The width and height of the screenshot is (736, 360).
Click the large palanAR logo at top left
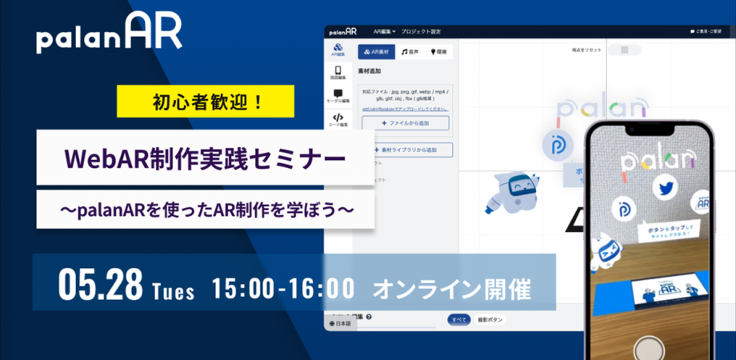pos(109,34)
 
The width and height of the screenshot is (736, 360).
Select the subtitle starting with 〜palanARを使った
pos(206,210)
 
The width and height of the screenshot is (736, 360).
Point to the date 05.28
pos(100,283)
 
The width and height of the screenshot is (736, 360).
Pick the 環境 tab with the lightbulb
pos(440,52)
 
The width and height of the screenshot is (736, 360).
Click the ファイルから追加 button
pos(405,123)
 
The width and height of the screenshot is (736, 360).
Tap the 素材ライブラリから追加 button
pos(408,150)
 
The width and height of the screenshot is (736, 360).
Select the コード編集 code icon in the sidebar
pos(338,120)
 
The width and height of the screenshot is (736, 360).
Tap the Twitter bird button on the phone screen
pos(663,189)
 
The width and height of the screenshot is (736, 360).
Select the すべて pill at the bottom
pos(458,319)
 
